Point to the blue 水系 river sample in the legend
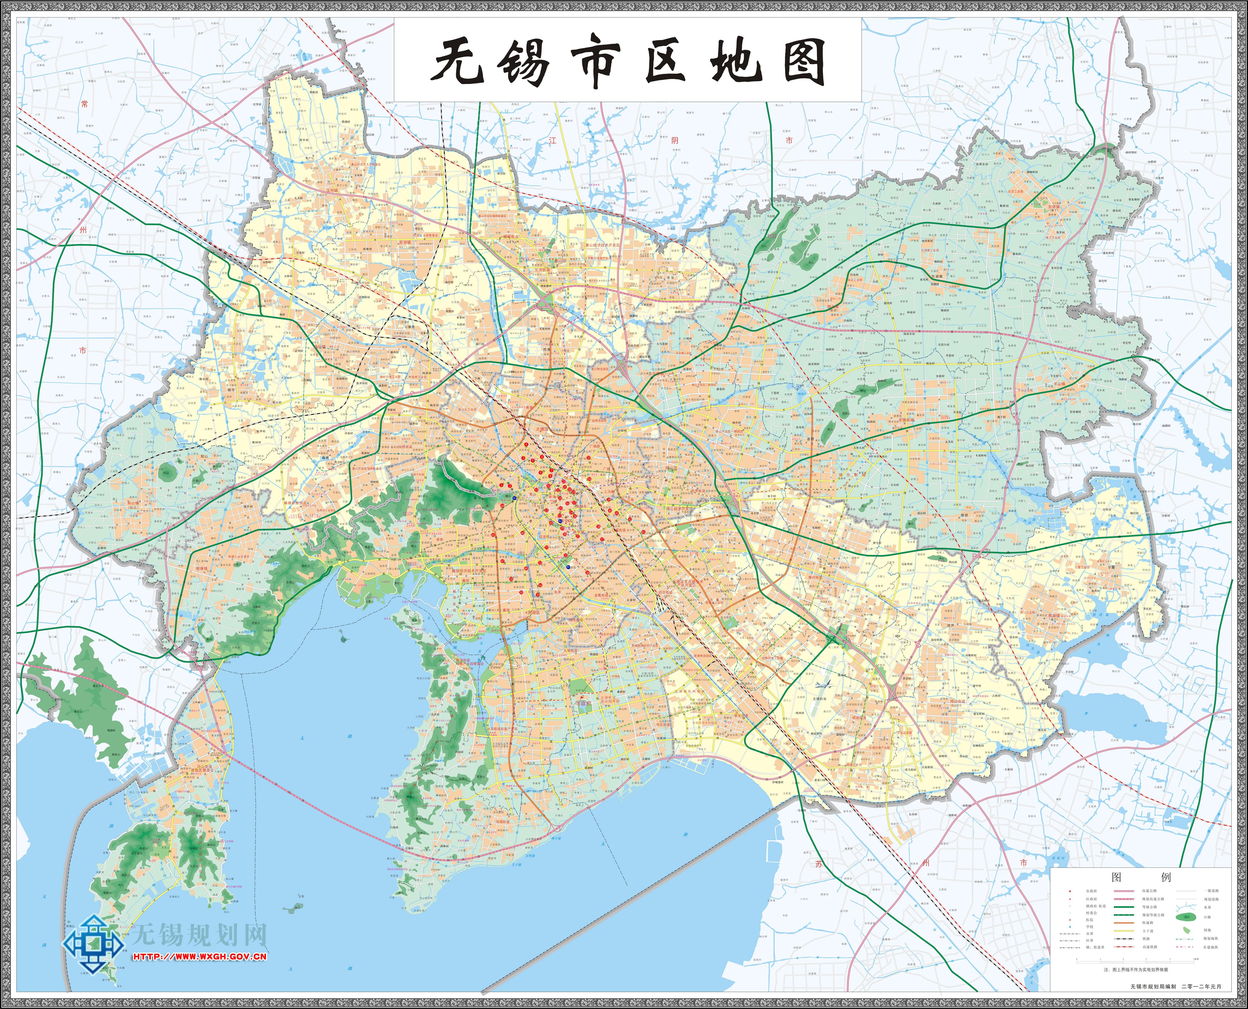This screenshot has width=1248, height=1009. pyautogui.click(x=1186, y=907)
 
